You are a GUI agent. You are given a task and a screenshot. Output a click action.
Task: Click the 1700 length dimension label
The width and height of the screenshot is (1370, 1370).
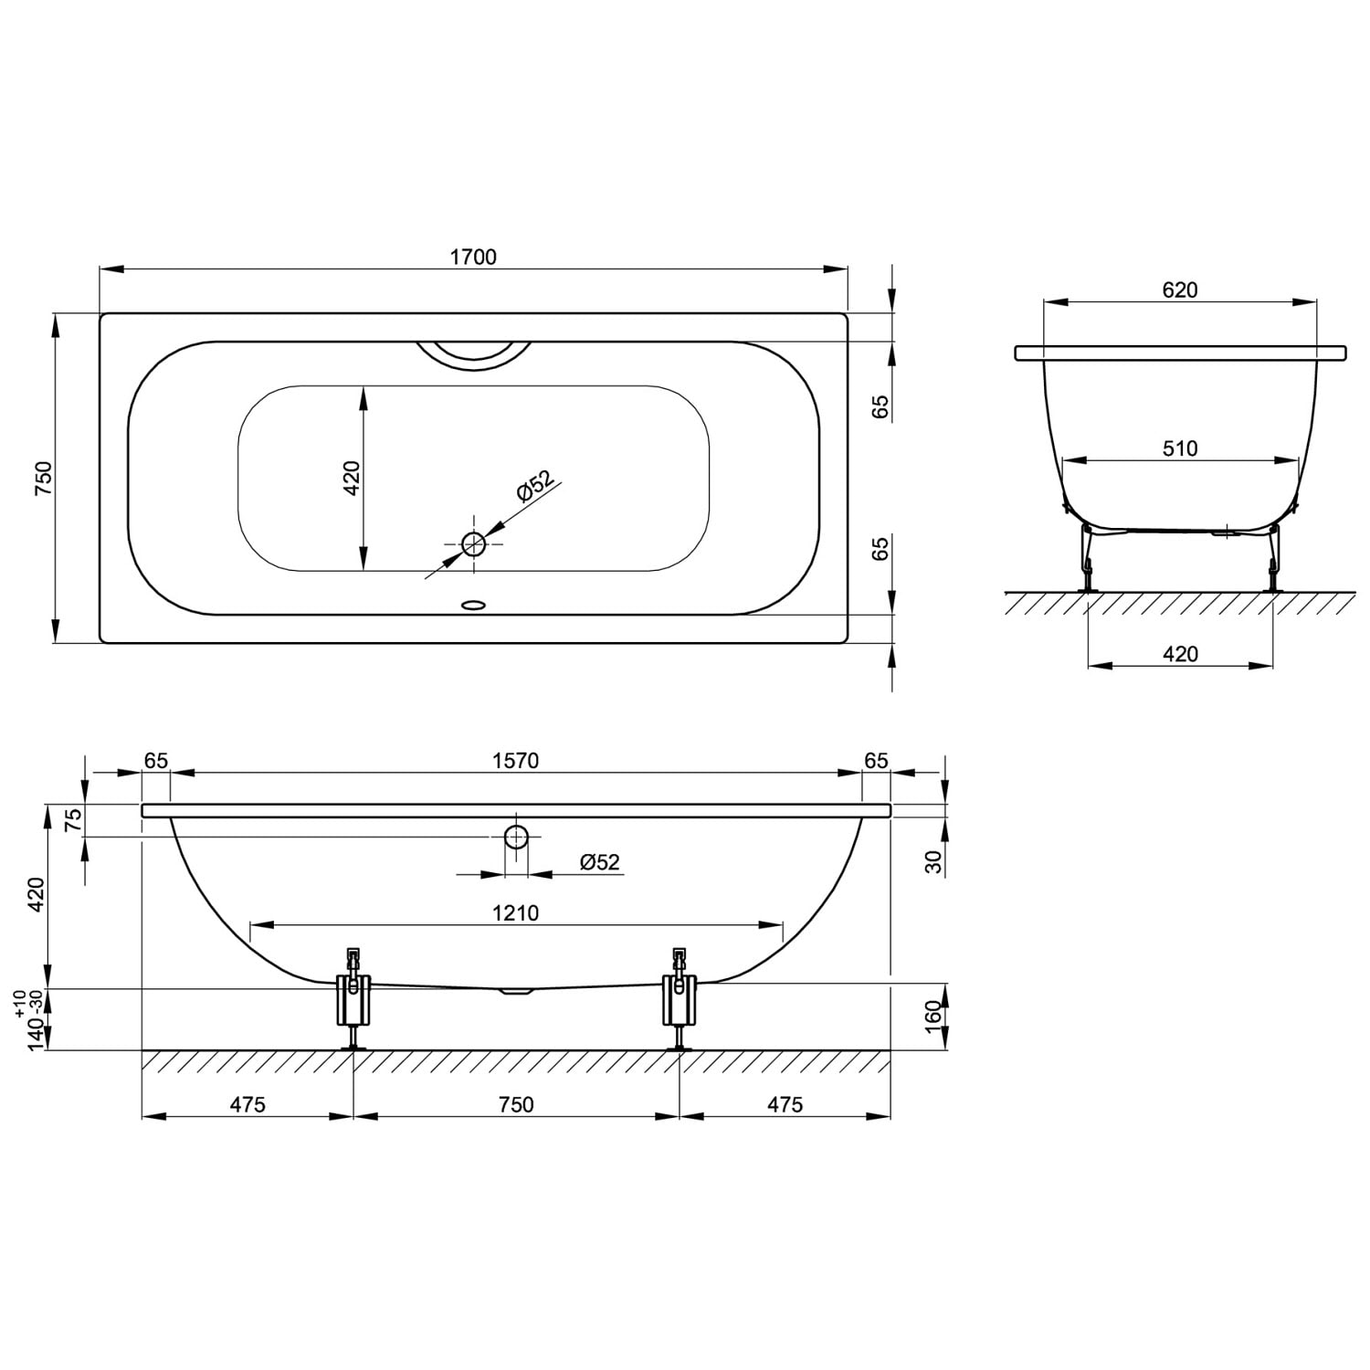(x=473, y=257)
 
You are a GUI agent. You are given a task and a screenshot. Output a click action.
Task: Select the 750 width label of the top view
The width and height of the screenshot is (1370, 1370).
(x=44, y=479)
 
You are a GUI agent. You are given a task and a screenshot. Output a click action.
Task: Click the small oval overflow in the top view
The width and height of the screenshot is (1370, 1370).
(x=474, y=604)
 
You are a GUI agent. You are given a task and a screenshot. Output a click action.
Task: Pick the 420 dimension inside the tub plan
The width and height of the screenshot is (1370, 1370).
(x=352, y=478)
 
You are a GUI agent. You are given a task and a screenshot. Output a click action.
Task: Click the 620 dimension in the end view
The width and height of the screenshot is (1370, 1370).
(x=1180, y=290)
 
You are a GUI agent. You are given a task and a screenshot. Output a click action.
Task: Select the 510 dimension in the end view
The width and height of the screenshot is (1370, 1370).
(x=1180, y=448)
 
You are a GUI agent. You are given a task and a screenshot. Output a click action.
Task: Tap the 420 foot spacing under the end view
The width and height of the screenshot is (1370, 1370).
(x=1180, y=654)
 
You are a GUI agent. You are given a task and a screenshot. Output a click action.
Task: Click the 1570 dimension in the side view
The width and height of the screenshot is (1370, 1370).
(x=516, y=761)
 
